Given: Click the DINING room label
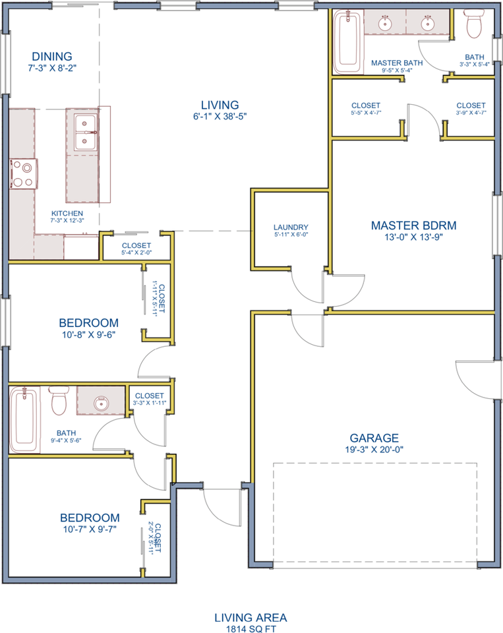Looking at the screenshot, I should (50, 57).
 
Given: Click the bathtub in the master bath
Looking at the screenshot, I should (347, 42).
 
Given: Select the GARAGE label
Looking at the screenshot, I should (374, 438).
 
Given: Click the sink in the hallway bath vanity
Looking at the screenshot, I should (100, 402).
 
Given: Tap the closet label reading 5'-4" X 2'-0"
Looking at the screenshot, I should (136, 252).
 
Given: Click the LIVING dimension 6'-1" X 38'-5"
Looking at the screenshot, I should (220, 117).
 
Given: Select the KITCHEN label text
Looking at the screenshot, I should (67, 214).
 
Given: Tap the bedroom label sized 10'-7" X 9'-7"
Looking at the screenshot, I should (90, 518).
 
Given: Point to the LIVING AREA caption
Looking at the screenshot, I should (251, 618).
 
